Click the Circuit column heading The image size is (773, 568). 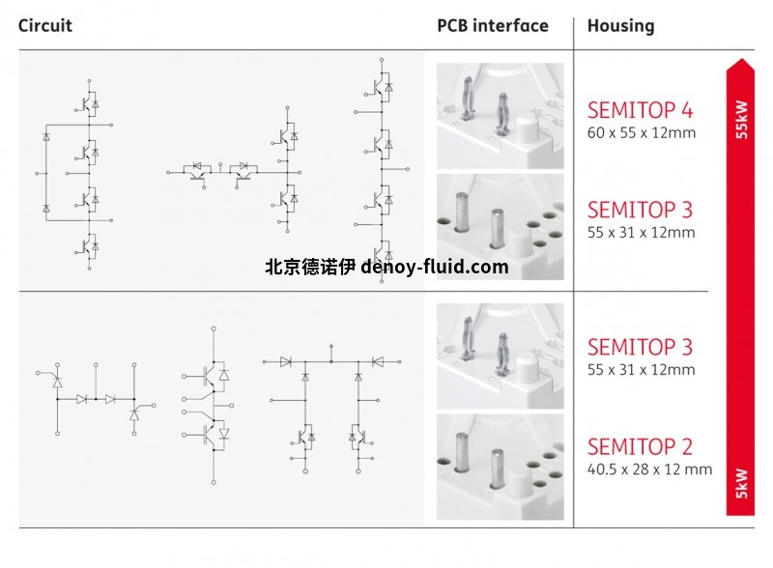[45, 26]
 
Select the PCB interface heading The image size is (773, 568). [492, 26]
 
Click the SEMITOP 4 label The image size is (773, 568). [640, 109]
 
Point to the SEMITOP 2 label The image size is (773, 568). [640, 447]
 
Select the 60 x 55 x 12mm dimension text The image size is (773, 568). [641, 133]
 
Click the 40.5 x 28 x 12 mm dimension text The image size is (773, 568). [649, 470]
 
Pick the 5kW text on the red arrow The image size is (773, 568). [741, 482]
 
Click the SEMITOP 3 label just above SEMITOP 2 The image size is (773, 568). [640, 347]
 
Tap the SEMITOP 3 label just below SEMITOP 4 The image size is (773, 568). [640, 210]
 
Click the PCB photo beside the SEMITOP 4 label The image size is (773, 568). [500, 116]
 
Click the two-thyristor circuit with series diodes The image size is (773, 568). [97, 397]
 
